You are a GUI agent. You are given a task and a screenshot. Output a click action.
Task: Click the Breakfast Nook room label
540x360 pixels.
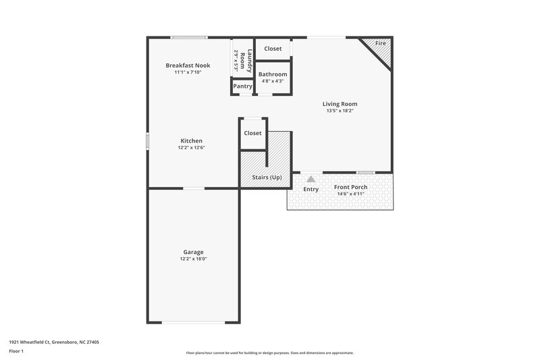[188, 66]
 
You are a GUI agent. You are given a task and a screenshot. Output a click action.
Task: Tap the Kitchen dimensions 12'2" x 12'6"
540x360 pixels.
[191, 147]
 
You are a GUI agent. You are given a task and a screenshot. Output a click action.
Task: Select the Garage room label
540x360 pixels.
[193, 252]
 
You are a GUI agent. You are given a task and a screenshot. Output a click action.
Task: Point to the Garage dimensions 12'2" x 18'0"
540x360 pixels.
[193, 259]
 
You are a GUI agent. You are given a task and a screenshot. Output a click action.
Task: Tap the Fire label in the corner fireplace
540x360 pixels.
[381, 43]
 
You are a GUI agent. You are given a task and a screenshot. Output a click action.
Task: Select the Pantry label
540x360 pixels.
[242, 86]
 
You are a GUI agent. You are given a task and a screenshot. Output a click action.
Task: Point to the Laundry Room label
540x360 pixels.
[250, 61]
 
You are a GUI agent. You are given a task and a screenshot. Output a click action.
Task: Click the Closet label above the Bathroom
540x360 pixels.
[273, 49]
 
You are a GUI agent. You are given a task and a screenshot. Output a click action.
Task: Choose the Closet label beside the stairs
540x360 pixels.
[252, 133]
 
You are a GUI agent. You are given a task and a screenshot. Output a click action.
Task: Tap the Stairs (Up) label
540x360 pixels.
[266, 178]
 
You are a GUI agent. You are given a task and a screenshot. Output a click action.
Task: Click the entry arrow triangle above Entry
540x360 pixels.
[310, 179]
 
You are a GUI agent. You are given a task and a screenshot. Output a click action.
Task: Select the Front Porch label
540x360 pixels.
[351, 187]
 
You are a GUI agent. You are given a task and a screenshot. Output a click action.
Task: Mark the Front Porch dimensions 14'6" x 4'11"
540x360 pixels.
[351, 194]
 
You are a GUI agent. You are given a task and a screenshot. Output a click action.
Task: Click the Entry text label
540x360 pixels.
[310, 189]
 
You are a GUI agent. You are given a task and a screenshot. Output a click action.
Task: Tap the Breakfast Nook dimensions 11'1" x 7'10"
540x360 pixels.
[188, 72]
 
